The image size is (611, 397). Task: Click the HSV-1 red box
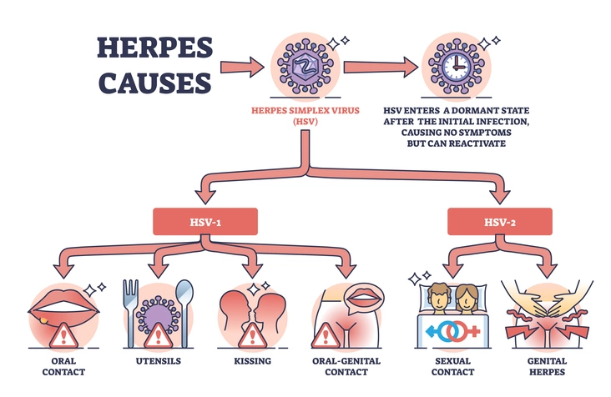[204, 220]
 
